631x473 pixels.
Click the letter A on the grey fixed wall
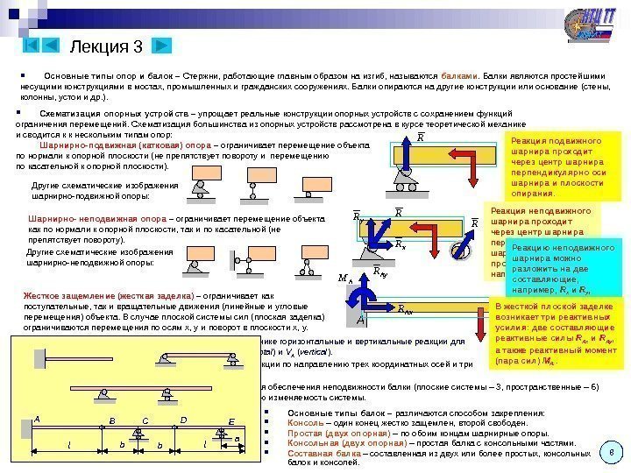(x=361, y=321)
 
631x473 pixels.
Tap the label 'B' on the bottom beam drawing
(x=111, y=420)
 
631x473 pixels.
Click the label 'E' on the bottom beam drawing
(x=232, y=422)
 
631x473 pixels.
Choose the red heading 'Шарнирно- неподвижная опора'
(x=82, y=218)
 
